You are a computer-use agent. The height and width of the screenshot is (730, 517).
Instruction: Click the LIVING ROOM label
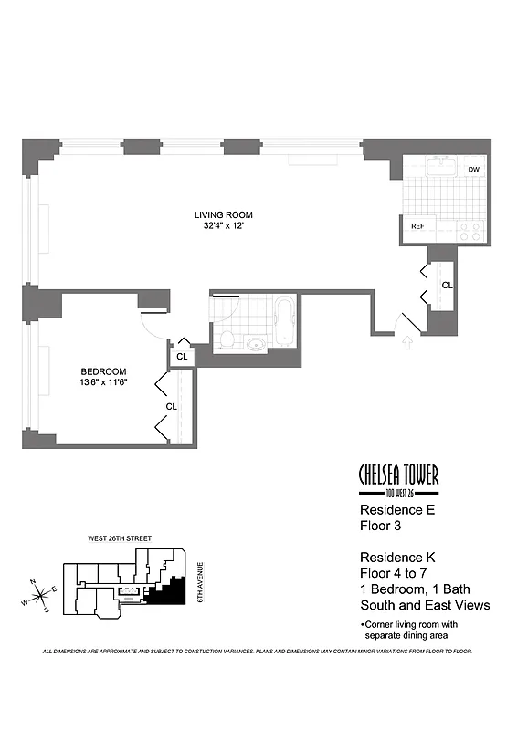223,215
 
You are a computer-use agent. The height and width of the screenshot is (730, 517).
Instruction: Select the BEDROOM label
103,371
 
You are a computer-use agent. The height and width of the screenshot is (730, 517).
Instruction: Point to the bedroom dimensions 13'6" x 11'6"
103,382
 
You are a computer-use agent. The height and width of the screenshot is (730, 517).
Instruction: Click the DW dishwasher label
473,170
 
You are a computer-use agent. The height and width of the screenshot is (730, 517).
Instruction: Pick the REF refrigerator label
417,226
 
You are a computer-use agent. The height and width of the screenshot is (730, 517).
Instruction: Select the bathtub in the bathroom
284,322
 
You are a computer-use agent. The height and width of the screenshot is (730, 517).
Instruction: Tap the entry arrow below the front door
406,343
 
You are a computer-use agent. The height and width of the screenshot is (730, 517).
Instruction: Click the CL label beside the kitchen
447,286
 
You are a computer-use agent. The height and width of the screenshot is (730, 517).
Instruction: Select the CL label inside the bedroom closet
171,406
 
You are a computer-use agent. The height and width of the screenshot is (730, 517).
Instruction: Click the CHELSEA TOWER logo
398,476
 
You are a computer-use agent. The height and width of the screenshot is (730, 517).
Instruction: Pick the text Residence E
396,511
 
